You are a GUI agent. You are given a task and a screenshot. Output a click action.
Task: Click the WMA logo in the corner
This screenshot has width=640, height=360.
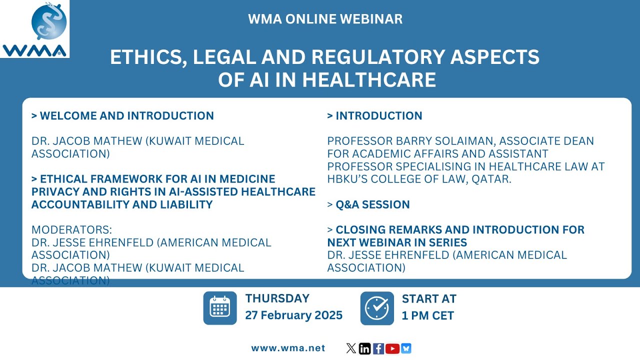click(34, 29)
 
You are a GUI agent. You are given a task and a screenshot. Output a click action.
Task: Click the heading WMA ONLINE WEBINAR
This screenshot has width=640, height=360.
click(325, 19)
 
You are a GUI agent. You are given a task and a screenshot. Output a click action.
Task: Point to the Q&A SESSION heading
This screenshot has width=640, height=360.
click(368, 204)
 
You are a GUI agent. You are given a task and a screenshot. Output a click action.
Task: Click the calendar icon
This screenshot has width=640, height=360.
click(220, 308)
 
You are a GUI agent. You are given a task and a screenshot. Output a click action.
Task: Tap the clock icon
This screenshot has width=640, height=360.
click(377, 308)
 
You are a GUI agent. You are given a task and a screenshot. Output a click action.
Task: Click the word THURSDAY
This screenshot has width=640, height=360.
click(277, 299)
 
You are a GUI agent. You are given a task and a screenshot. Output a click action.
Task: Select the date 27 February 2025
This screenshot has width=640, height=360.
click(293, 315)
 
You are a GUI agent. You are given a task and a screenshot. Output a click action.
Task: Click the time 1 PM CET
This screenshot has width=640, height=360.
click(428, 315)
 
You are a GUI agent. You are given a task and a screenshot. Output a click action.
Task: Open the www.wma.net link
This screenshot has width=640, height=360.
click(288, 348)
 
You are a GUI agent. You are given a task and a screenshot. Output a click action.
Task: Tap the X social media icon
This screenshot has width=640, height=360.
click(351, 348)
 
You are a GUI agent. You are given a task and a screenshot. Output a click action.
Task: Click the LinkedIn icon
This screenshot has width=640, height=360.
click(365, 348)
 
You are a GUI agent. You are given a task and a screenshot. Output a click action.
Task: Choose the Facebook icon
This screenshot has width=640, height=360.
click(378, 348)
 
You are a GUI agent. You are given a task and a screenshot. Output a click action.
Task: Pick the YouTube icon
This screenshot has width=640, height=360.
click(392, 348)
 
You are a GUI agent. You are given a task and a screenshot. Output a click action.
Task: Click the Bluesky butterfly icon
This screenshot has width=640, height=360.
click(406, 348)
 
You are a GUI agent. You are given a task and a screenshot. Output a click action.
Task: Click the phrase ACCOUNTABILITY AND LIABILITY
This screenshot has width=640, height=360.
click(122, 204)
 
